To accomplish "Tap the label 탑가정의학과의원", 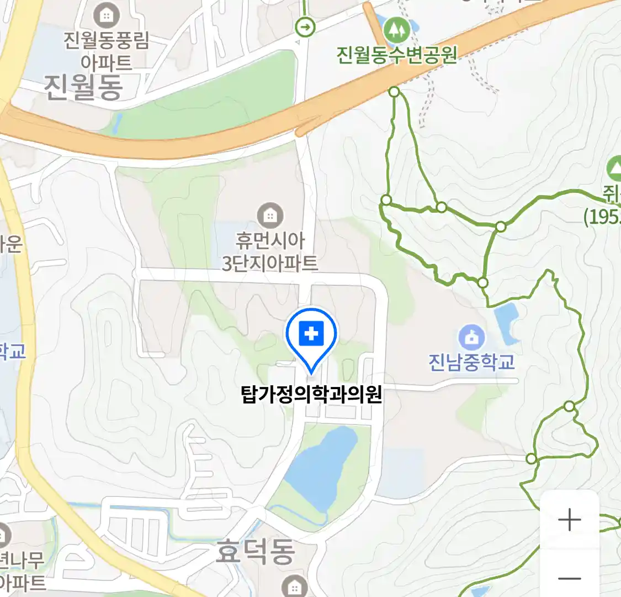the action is [x=311, y=395].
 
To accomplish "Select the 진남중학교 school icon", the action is [x=471, y=337].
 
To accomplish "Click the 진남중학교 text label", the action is [x=471, y=362].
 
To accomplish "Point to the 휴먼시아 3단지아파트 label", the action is [x=270, y=252].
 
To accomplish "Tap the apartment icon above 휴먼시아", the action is [x=270, y=215].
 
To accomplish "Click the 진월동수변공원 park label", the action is [x=397, y=55].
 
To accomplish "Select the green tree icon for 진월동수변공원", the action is [x=396, y=29].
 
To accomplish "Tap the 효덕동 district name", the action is [x=255, y=552].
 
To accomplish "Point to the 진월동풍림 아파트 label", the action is [x=106, y=50].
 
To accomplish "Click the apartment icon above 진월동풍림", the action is [x=106, y=15].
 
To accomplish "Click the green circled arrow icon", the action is [x=305, y=27].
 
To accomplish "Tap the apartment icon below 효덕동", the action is [x=294, y=586].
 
